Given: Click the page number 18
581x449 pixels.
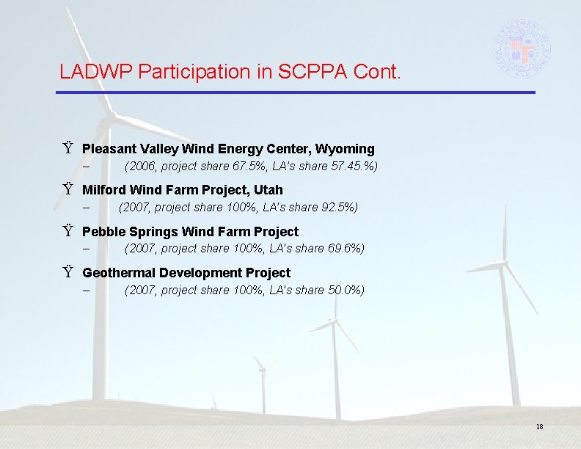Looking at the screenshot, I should point(539,427).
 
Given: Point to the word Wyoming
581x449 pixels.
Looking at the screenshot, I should point(346,149).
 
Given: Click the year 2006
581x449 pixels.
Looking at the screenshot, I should point(142,167).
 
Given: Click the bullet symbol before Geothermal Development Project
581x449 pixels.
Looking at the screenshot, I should point(67,273).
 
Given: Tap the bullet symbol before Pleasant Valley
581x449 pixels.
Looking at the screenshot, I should point(67,149).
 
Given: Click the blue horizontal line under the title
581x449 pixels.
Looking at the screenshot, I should point(296,92).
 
